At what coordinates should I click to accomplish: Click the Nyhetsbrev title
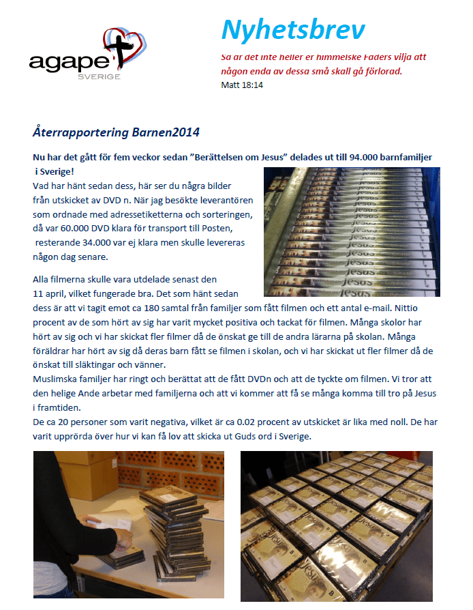(x=292, y=31)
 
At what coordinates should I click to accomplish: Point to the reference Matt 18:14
(x=242, y=85)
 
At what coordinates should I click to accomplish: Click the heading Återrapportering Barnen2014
(x=116, y=131)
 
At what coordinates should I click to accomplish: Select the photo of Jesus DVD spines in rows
(x=352, y=232)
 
